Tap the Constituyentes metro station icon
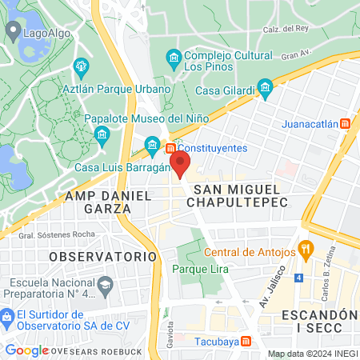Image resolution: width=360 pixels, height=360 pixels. (170, 148)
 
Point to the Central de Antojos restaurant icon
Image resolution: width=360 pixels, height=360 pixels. (305, 248)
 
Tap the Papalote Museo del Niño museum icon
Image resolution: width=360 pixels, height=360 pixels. (101, 134)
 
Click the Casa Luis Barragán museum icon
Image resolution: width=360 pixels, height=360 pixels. (152, 144)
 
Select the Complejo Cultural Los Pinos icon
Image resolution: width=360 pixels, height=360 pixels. (173, 58)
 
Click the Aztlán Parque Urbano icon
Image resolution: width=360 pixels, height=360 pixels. (80, 66)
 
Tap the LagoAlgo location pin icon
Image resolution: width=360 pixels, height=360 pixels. (13, 31)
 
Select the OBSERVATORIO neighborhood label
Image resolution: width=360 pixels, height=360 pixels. (102, 256)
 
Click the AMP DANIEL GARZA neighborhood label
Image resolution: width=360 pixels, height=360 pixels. (98, 202)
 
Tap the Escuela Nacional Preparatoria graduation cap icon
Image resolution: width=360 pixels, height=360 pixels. (105, 284)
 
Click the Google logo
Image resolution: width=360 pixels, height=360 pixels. (27, 350)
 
